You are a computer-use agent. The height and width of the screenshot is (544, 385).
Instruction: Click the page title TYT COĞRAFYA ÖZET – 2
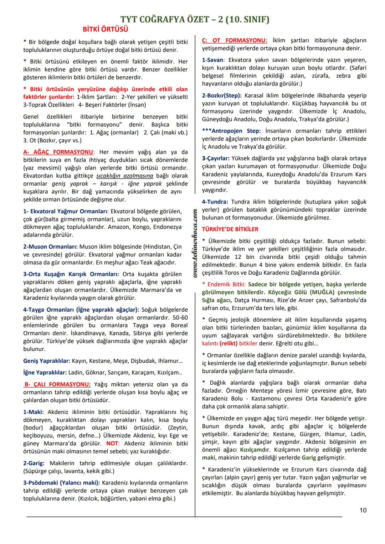195,19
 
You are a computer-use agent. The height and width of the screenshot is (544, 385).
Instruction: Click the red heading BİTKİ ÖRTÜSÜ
105,29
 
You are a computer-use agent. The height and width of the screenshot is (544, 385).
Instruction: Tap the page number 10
363,510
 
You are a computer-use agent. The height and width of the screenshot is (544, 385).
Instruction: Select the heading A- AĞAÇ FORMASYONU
59,152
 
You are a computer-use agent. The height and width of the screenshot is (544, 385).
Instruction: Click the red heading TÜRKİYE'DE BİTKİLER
230,229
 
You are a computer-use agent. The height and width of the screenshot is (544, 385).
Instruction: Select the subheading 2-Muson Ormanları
50,247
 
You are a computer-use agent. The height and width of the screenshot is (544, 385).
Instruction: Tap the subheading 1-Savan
213,60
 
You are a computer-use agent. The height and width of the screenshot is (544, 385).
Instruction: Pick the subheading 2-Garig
34,463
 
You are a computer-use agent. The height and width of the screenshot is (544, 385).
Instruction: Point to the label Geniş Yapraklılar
47,361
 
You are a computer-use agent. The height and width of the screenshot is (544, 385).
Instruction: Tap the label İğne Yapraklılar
45,373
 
